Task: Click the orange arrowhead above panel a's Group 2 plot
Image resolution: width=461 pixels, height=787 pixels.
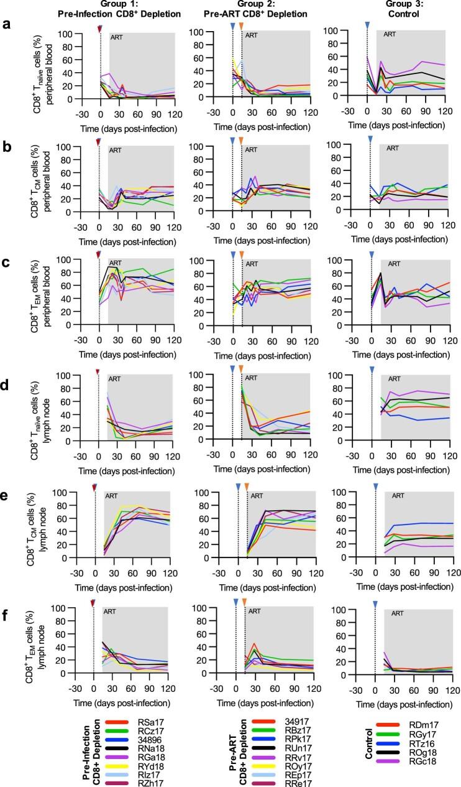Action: pyautogui.click(x=241, y=26)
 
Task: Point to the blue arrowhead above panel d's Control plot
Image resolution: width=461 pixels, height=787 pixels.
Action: pyautogui.click(x=372, y=370)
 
